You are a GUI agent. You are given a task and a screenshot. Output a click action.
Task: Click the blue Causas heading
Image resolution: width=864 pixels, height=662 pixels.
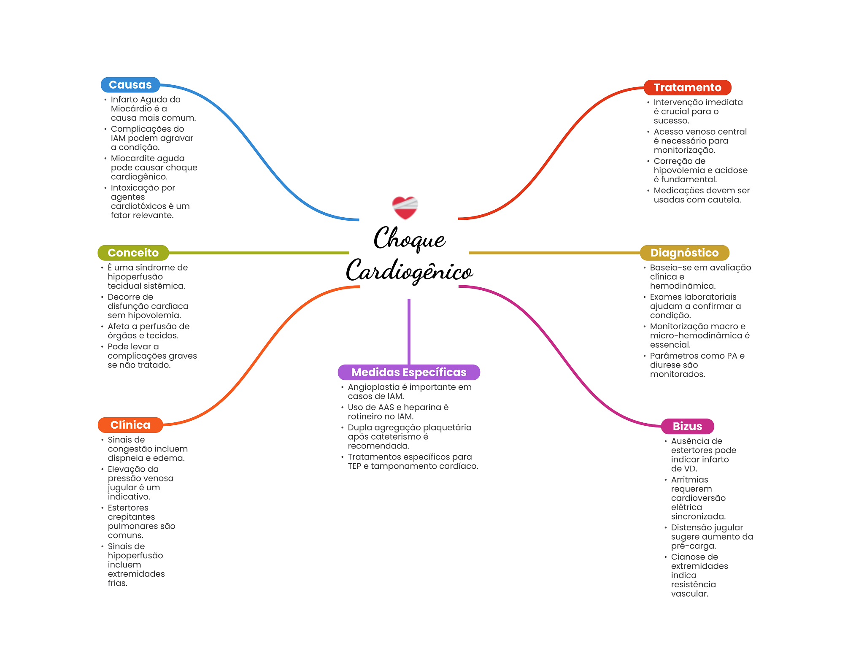130,85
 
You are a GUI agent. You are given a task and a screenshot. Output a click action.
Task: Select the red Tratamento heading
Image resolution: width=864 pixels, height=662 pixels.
687,87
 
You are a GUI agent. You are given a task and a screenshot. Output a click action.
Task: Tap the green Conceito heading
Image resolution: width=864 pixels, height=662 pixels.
133,253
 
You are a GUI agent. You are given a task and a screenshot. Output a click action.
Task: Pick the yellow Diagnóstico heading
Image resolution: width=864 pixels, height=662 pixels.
684,253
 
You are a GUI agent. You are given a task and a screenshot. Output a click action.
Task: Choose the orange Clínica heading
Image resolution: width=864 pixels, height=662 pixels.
130,425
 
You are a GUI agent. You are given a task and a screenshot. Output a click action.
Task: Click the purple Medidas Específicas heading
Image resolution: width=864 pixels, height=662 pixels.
408,372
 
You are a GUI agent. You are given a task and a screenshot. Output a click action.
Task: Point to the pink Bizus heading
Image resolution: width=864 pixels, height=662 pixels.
687,426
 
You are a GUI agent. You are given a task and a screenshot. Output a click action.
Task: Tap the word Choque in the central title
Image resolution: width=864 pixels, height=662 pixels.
409,238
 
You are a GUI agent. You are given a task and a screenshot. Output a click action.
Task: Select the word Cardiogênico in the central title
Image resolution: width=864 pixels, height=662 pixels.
409,271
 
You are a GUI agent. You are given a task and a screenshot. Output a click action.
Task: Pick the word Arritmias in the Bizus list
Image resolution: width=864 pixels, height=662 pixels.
689,480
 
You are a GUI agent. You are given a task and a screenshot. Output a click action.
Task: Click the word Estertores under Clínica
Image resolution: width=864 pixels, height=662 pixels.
128,508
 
